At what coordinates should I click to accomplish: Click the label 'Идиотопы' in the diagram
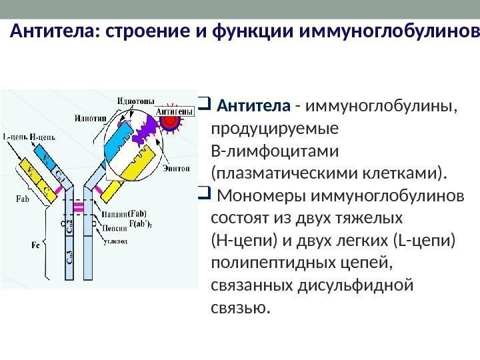pyautogui.click(x=136, y=101)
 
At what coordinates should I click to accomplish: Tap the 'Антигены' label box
pyautogui.click(x=175, y=111)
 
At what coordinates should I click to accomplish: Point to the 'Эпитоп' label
pyautogui.click(x=176, y=169)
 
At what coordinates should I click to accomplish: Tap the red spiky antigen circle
pyautogui.click(x=172, y=123)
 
